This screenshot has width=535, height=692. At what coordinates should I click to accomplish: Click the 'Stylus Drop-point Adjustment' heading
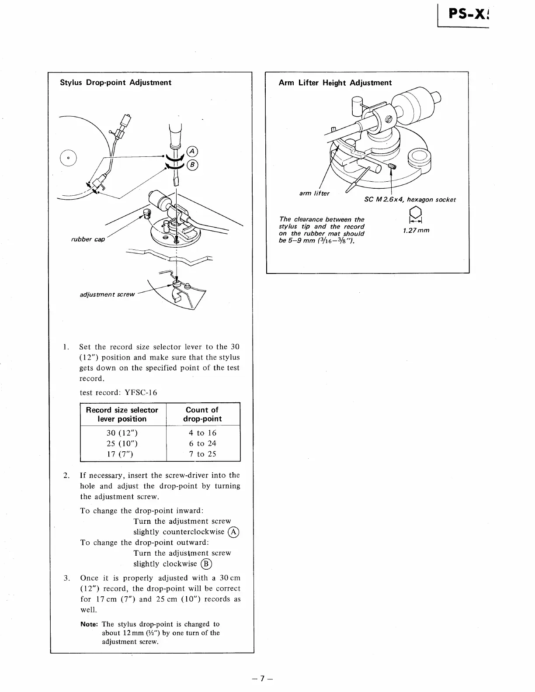tap(115, 83)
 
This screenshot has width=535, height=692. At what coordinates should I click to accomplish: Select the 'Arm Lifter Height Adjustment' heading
tap(335, 83)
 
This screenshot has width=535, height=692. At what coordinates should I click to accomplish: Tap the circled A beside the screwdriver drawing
tap(192, 152)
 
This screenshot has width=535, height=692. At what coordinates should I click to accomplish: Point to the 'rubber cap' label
tap(88, 239)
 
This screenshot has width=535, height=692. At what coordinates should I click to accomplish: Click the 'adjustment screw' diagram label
tap(108, 294)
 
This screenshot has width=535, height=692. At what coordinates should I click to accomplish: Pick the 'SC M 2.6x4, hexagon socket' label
tap(410, 200)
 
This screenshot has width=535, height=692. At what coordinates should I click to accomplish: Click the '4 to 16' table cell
tap(202, 433)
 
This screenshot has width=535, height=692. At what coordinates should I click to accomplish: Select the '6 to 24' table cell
tap(202, 443)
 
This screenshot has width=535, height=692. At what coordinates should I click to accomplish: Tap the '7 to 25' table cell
tap(202, 454)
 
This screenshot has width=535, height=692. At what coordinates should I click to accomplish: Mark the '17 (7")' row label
tap(120, 454)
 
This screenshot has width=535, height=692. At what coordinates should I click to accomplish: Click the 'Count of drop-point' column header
tap(202, 414)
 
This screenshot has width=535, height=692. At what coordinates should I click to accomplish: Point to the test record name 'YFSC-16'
tap(141, 392)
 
